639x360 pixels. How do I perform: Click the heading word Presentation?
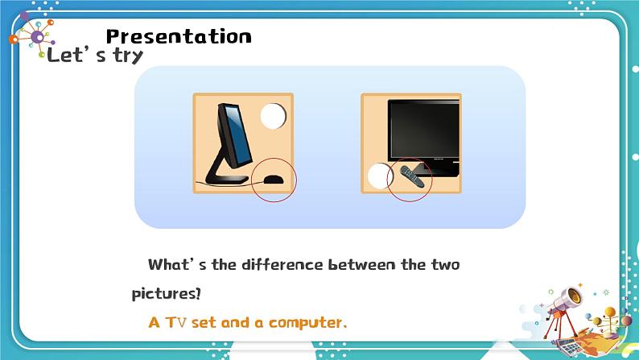pyautogui.click(x=179, y=36)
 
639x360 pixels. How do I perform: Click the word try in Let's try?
pyautogui.click(x=122, y=56)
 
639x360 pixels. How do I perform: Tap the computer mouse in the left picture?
pyautogui.click(x=274, y=180)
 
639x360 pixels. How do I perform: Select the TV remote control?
pyautogui.click(x=412, y=177)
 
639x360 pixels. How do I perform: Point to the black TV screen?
pyautogui.click(x=423, y=130)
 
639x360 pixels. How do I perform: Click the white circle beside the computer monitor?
pyautogui.click(x=273, y=117)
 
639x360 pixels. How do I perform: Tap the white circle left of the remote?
pyautogui.click(x=379, y=176)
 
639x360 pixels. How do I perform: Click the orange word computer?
pyautogui.click(x=307, y=322)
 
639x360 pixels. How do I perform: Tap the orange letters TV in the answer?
pyautogui.click(x=176, y=322)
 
